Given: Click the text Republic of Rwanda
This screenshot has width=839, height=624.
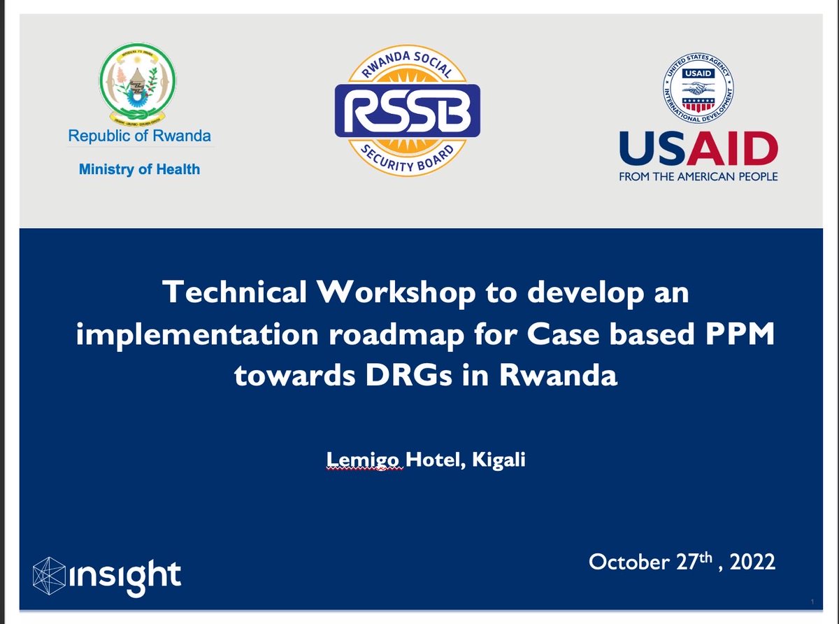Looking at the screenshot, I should point(139,136).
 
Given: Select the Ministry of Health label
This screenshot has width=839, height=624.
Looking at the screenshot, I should point(139,169).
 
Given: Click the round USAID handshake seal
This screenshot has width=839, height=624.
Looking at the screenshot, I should point(698,90).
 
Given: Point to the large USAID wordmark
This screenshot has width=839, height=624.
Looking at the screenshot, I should point(698,149).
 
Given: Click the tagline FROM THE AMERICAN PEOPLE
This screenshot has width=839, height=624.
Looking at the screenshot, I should point(698,177).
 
